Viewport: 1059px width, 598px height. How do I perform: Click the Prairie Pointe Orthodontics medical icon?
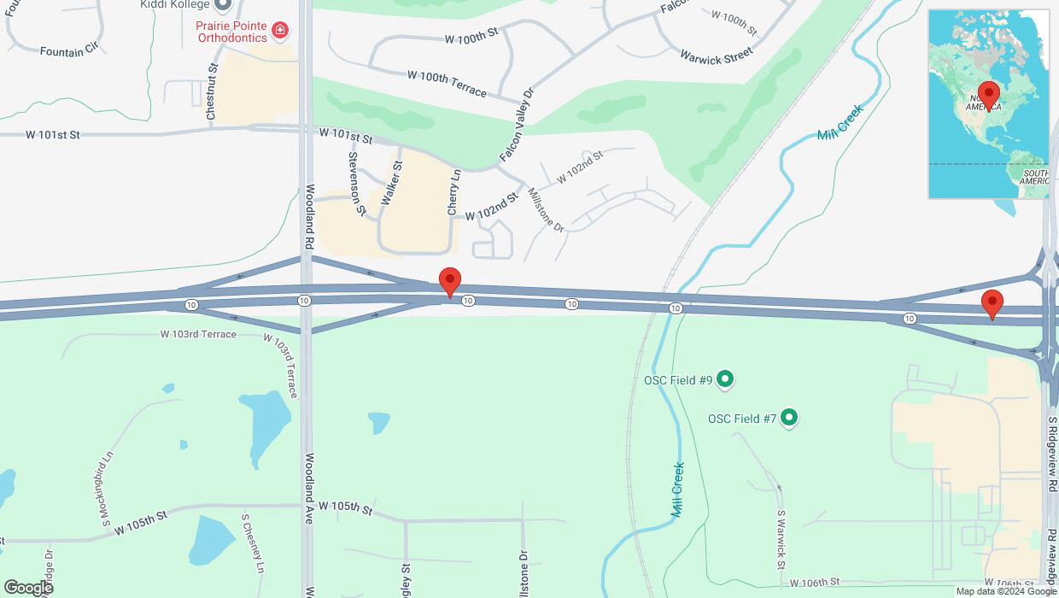(279, 32)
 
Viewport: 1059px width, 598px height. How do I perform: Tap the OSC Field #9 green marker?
(725, 378)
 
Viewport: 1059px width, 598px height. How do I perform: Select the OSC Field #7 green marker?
(789, 418)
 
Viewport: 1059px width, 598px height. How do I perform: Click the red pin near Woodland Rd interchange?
(450, 282)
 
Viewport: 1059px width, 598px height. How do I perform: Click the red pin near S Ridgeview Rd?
(992, 304)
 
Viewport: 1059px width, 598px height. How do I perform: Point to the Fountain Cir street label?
(74, 51)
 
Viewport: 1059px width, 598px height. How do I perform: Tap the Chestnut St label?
(213, 91)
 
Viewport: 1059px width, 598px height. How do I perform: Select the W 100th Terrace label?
(447, 83)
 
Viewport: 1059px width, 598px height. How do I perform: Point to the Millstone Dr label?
(546, 210)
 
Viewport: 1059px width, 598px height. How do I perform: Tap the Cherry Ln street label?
(453, 192)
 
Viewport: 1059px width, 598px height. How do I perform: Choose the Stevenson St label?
(357, 183)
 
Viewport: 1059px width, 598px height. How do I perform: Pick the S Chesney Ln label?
(253, 542)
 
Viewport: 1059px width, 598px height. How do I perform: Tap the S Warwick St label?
(781, 540)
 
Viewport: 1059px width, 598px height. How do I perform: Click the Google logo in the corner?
(28, 587)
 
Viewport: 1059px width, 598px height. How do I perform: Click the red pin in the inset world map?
(989, 95)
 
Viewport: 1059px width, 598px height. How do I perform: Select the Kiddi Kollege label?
(175, 4)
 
